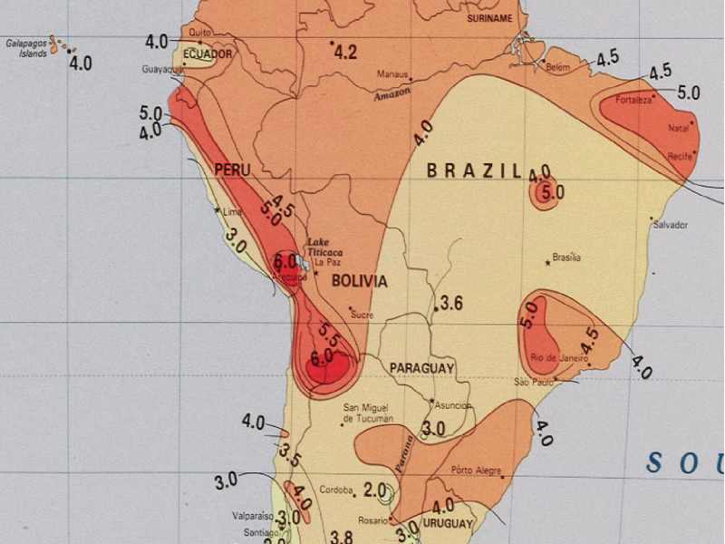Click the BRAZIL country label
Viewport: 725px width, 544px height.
click(474, 170)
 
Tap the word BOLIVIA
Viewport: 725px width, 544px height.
click(359, 281)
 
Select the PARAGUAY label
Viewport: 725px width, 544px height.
click(421, 368)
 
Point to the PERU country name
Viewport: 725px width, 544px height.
click(232, 170)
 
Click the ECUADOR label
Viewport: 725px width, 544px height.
click(208, 54)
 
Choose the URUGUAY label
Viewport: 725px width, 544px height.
click(448, 524)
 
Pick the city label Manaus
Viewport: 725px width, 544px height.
click(395, 75)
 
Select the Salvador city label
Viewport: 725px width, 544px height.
click(671, 225)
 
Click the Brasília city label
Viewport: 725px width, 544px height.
click(566, 257)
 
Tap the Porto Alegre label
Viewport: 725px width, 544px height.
click(476, 470)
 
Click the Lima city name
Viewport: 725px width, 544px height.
click(233, 213)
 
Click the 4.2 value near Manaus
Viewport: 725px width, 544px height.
click(345, 52)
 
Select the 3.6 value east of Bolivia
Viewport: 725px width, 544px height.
click(450, 303)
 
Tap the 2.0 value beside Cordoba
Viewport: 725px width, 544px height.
click(374, 490)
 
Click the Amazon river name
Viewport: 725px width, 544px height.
click(392, 92)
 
